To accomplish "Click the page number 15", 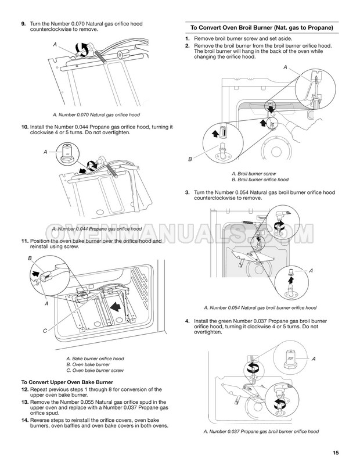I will [336, 453].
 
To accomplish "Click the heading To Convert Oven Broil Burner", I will [258, 27].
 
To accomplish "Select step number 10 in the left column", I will [24, 127].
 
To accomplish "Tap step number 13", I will [24, 402].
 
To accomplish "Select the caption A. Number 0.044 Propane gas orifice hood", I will [97, 229].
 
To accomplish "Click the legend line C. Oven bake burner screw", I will [96, 370].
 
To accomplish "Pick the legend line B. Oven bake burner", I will [88, 364].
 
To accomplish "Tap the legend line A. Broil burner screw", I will [254, 174].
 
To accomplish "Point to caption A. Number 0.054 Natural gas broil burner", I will [260, 307].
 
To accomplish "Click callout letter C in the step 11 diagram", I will [28, 331].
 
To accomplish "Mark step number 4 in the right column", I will [187, 321].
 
